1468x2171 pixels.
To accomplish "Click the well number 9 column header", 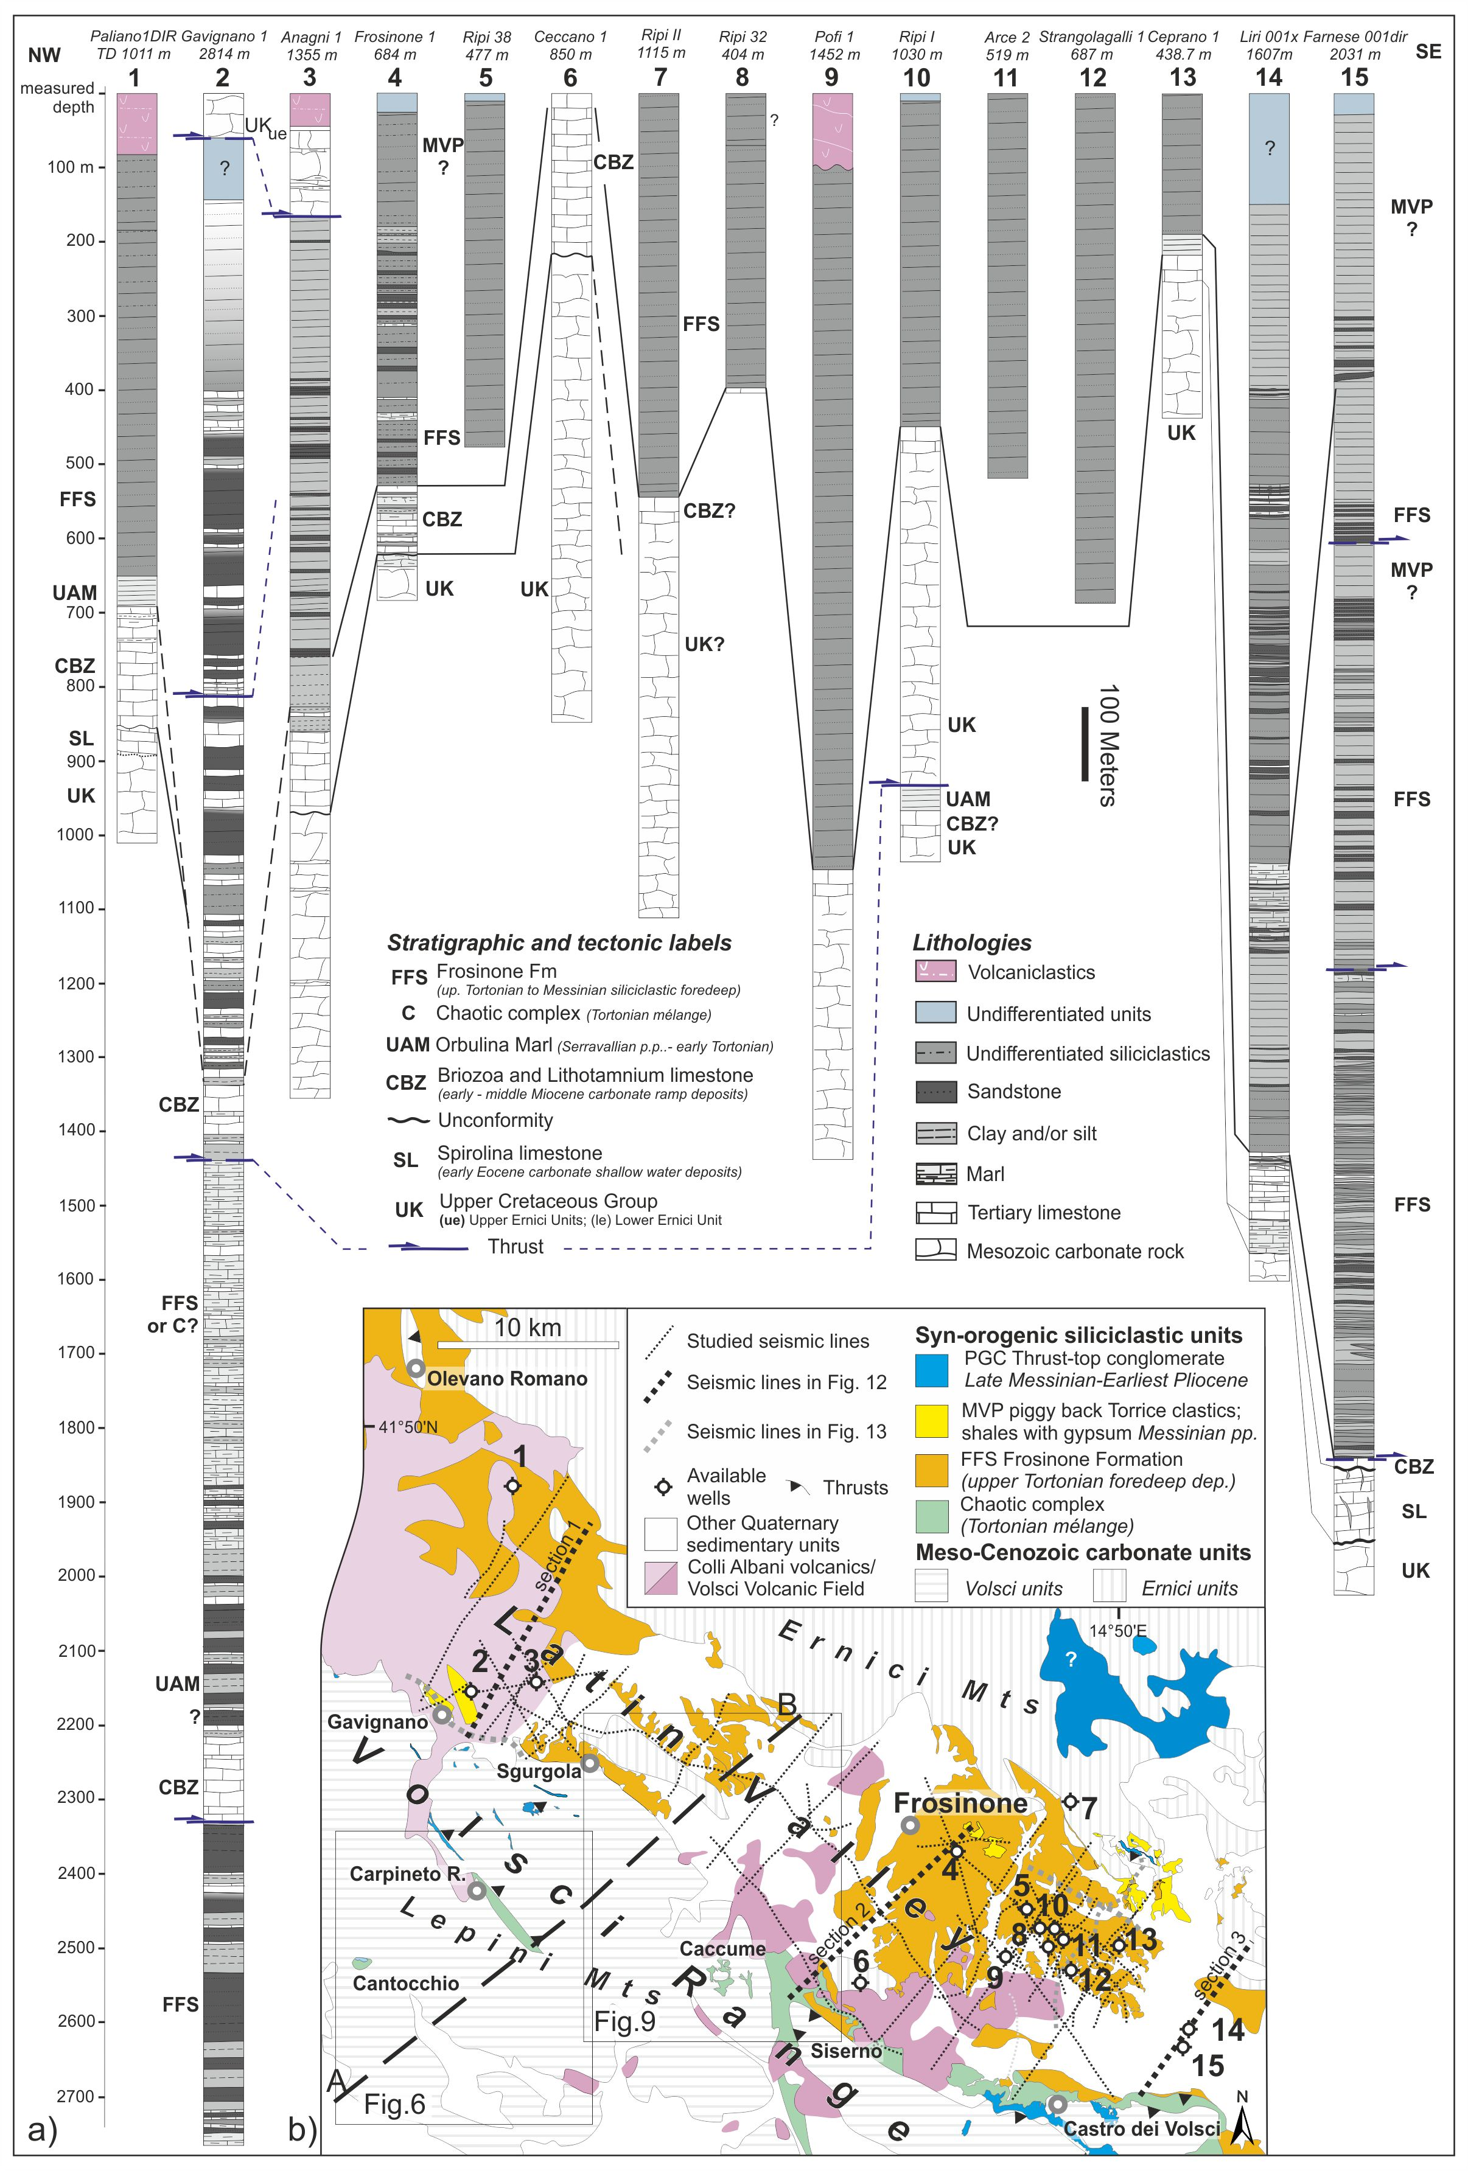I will (831, 77).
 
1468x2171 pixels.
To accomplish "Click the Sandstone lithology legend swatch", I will (934, 1091).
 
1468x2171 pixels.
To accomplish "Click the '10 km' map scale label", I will (527, 1328).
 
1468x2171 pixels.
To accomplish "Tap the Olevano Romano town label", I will (506, 1379).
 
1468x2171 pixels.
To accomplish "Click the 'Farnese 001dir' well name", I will (1355, 37).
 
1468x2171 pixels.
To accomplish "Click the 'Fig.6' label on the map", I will (394, 2103).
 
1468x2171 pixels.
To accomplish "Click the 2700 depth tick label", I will (75, 2096).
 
